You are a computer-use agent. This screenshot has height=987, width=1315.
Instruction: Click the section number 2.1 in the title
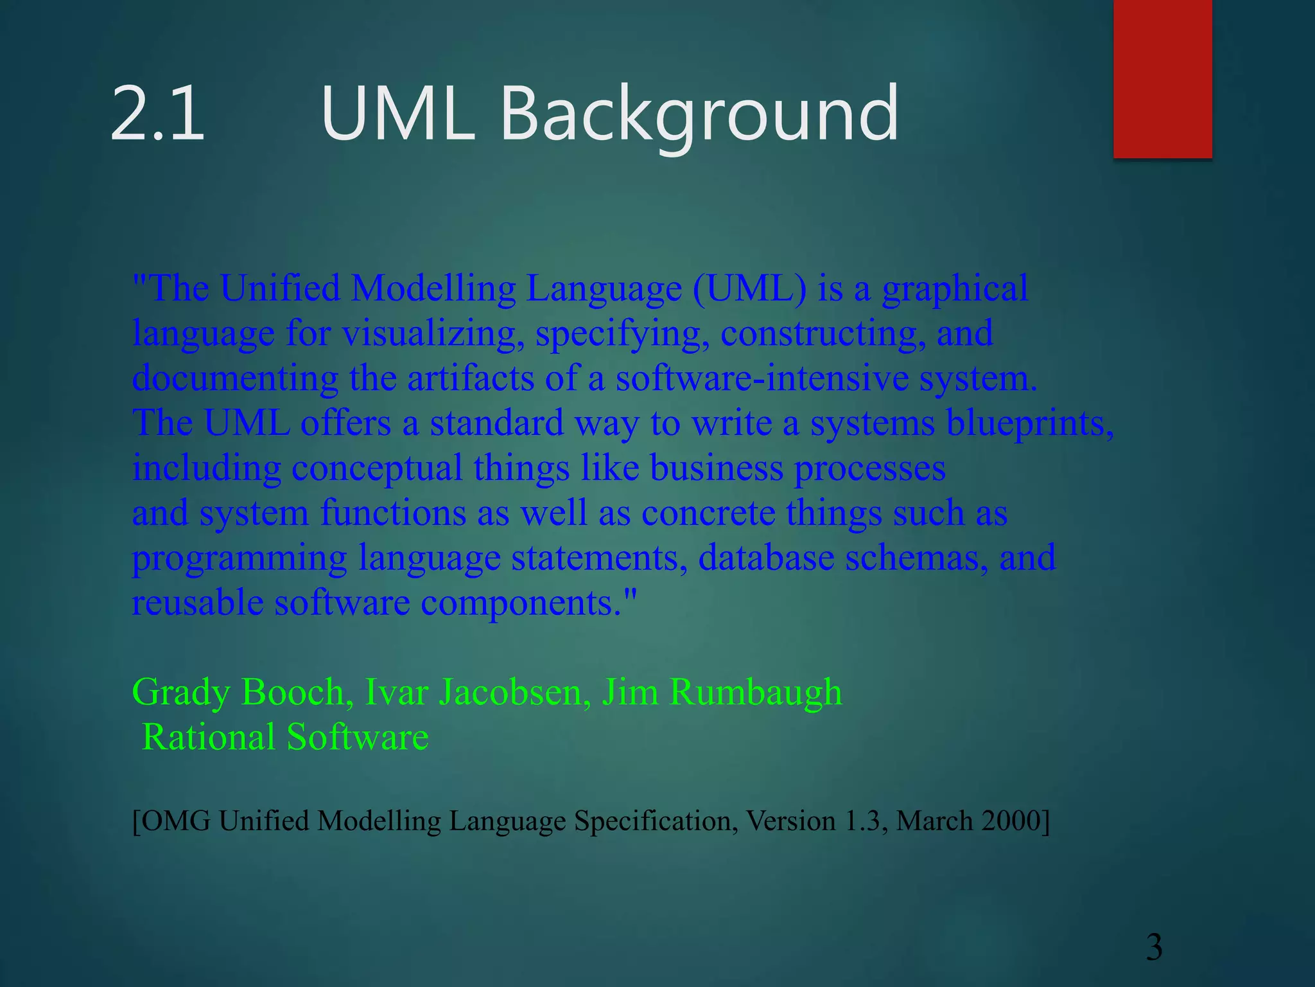(x=157, y=114)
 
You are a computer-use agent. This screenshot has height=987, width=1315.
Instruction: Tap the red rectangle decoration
(x=1162, y=78)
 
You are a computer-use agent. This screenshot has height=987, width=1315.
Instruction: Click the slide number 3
(x=1154, y=947)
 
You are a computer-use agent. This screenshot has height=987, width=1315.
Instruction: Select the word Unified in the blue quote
(x=280, y=288)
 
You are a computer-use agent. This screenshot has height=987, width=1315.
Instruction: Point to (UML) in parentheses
(x=749, y=288)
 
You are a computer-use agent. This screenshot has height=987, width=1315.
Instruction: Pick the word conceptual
(x=377, y=468)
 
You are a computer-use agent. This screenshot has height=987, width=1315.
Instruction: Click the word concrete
(x=708, y=513)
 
